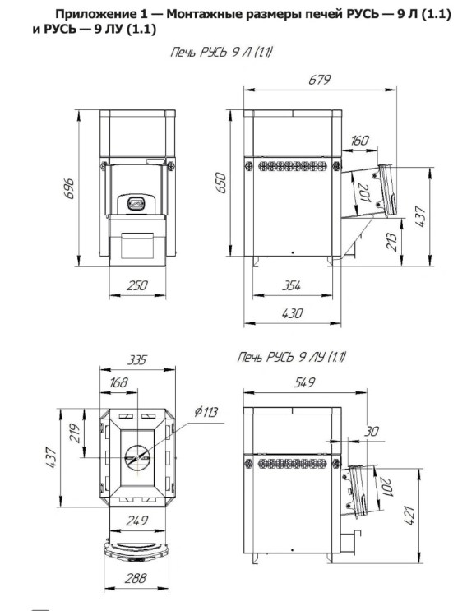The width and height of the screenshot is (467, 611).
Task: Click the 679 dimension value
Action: tap(319, 80)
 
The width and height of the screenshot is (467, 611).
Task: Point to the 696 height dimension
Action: tap(69, 188)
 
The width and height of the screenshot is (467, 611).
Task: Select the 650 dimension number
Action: tap(220, 183)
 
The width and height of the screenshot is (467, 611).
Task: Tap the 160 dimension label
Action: tap(359, 141)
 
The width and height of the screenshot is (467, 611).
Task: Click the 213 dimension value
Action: tap(392, 242)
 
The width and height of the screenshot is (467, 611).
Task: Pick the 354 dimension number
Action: tap(291, 286)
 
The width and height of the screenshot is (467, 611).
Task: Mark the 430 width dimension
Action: tap(292, 313)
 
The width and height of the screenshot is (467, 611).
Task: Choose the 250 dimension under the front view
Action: tap(137, 285)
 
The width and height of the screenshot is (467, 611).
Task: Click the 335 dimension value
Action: tap(136, 359)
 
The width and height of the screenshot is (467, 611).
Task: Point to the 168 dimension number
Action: tap(118, 382)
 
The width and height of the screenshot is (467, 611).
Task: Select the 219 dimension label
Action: tap(74, 433)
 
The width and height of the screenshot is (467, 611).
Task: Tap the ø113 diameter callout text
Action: tap(206, 411)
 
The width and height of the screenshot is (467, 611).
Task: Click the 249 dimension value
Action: tap(136, 521)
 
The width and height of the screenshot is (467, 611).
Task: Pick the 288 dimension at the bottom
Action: tap(136, 578)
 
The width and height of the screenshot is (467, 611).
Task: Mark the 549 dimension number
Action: tap(304, 382)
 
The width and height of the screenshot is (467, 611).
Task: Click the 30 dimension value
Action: tap(372, 431)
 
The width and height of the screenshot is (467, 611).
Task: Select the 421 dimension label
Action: tap(409, 515)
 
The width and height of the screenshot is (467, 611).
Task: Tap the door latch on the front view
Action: tap(136, 202)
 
